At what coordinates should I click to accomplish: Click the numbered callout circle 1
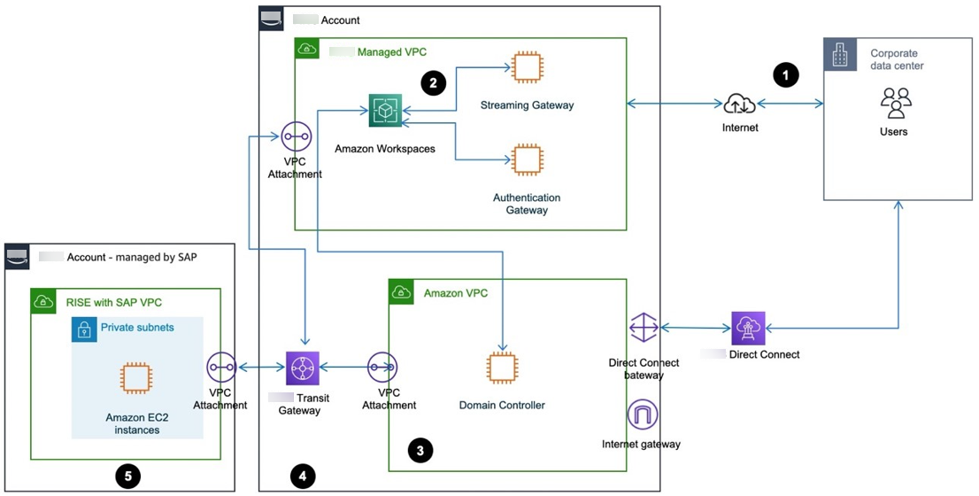pos(786,75)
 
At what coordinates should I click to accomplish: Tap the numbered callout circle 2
pos(432,83)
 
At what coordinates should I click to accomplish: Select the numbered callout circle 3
pos(420,450)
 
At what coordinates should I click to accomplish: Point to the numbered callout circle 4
pos(303,477)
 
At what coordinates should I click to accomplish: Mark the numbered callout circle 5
pos(128,477)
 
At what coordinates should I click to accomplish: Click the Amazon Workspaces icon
pos(385,111)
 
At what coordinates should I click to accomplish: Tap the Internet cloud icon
pos(739,105)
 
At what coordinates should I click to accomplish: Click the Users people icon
pos(896,103)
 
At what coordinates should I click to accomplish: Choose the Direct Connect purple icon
pos(748,328)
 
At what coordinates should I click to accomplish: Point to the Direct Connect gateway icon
pos(644,328)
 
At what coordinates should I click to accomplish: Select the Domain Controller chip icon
pos(502,368)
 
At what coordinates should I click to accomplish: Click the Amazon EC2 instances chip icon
pos(135,378)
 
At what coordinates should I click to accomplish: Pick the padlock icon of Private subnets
pos(84,329)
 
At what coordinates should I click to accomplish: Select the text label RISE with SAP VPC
pos(113,302)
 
